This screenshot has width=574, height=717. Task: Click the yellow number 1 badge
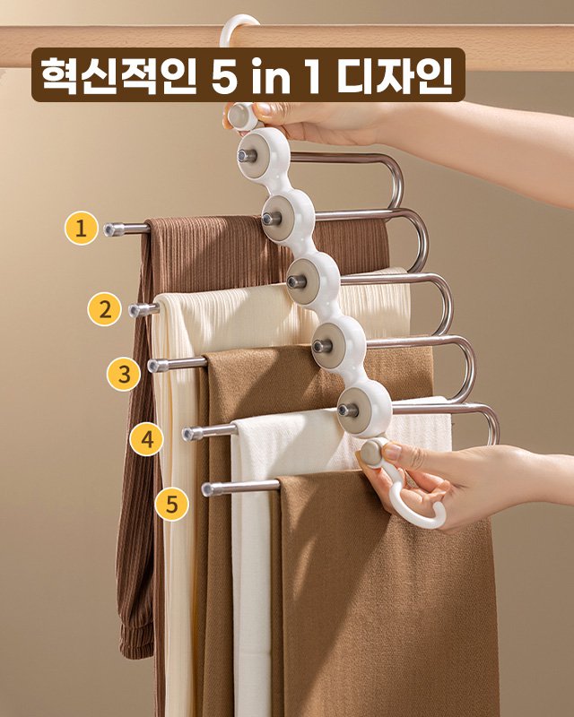pos(81,229)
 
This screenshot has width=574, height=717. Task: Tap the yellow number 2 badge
pos(104,310)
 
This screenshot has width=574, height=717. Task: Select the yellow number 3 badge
pos(124,373)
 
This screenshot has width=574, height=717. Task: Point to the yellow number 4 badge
pos(147,439)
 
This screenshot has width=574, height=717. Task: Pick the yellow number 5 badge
pos(171,503)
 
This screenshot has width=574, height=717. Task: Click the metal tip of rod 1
pos(112,229)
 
